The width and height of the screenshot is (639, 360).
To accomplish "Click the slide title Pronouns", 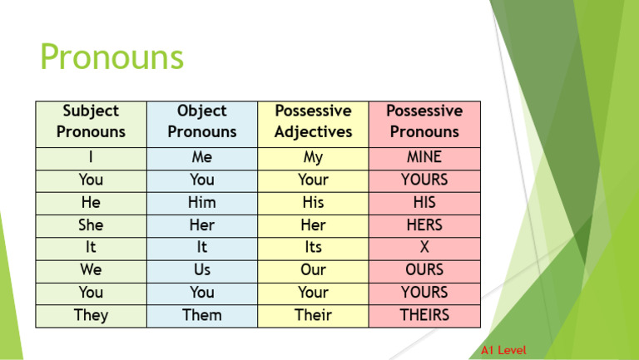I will [x=111, y=59].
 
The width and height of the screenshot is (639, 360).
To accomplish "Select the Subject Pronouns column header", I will [x=91, y=121].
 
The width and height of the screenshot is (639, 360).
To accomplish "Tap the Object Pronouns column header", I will [x=202, y=121].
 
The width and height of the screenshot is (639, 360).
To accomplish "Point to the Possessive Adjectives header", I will [x=313, y=121].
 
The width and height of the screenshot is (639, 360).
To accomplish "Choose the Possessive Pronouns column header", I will [x=424, y=121].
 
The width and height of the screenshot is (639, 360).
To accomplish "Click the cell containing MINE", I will [x=424, y=157].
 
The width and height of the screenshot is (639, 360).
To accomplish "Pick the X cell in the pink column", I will [x=424, y=248].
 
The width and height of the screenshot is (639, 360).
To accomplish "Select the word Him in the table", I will [x=202, y=203].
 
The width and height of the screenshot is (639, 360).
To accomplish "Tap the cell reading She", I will [x=91, y=225].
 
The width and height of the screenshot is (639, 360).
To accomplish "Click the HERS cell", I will [x=424, y=225].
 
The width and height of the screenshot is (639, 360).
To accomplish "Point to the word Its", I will [x=313, y=248].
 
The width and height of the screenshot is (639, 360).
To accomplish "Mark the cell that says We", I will [x=91, y=270].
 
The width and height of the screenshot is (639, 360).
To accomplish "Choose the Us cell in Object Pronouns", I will [x=202, y=270].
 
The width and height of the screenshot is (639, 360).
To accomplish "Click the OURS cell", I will [x=424, y=270].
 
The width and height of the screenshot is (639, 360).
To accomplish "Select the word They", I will [x=91, y=315].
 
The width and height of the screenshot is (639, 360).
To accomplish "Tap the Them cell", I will [x=202, y=315].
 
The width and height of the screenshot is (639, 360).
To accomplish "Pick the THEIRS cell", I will [x=424, y=315].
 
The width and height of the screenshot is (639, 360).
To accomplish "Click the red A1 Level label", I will [x=503, y=350].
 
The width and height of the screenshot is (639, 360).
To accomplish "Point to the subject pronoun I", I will [x=91, y=157].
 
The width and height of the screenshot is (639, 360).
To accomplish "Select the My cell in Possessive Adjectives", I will [x=313, y=157].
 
